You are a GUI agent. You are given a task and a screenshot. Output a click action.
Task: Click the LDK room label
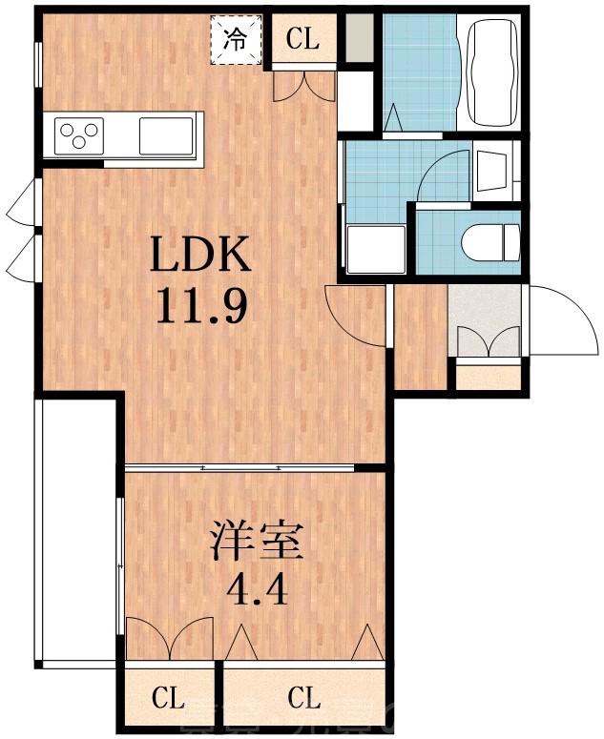pyautogui.click(x=200, y=257)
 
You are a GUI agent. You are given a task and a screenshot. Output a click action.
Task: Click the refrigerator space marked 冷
pyautogui.click(x=235, y=40)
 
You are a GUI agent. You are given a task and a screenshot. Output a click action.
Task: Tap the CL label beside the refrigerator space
pyautogui.click(x=302, y=40)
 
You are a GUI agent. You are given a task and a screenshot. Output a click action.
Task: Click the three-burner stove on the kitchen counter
pyautogui.click(x=79, y=134)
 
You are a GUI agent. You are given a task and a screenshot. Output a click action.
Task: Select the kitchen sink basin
pyautogui.click(x=166, y=134)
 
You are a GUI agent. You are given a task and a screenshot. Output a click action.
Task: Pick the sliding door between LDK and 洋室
pyautogui.click(x=239, y=467)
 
